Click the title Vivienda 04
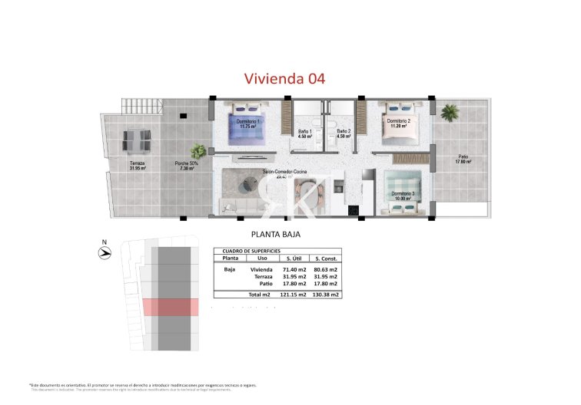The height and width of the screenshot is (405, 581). click(284, 78)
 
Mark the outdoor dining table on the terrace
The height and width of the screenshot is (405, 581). click(138, 140)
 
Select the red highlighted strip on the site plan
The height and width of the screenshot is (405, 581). click(171, 307)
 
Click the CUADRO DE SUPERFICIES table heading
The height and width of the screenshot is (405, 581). click(251, 251)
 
